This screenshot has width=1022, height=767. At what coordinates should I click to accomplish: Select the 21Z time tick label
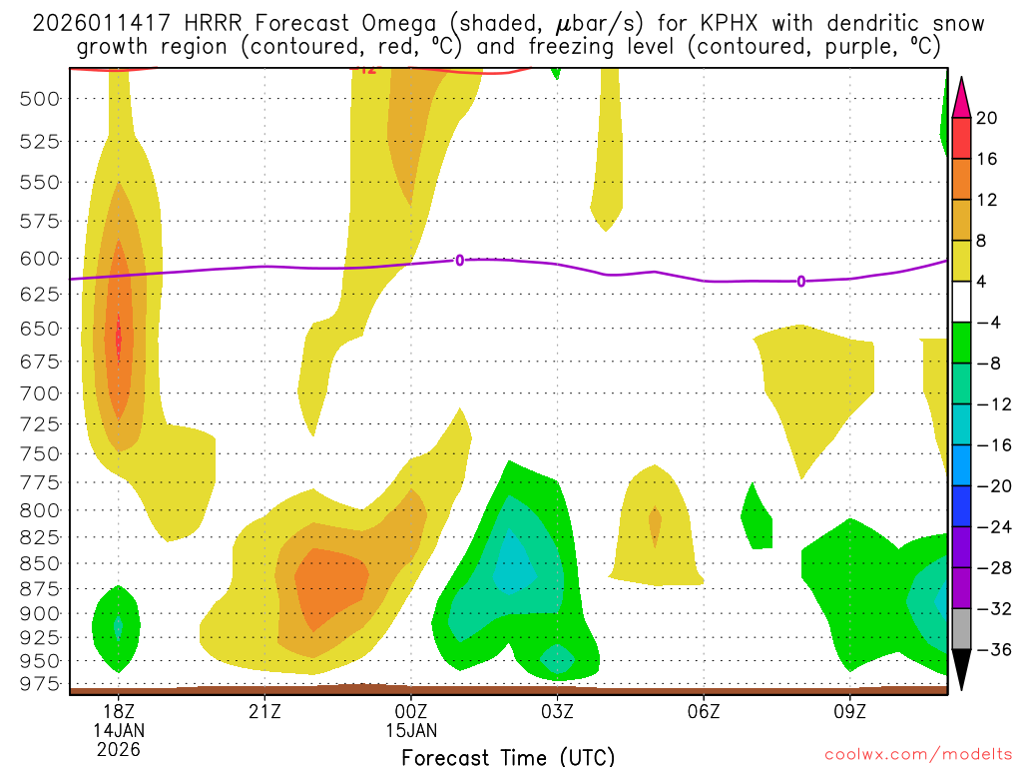click(264, 711)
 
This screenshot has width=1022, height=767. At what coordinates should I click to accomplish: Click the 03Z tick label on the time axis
click(557, 711)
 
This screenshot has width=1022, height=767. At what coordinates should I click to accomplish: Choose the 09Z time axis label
click(850, 711)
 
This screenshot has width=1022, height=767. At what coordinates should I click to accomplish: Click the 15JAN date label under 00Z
click(411, 729)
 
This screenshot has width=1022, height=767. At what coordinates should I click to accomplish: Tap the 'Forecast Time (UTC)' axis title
click(508, 756)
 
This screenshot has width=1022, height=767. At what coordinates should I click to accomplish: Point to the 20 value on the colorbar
click(987, 118)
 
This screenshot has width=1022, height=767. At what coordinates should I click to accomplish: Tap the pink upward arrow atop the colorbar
click(961, 97)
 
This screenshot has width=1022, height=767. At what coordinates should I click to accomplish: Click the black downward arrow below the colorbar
click(961, 670)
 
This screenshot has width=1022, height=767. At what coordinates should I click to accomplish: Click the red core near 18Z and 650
click(119, 340)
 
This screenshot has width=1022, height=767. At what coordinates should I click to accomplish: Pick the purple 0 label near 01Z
click(459, 261)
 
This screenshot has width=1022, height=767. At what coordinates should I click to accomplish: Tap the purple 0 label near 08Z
click(801, 282)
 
